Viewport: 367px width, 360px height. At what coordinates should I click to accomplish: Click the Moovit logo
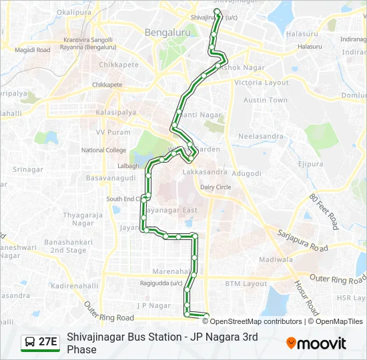pos(316,343)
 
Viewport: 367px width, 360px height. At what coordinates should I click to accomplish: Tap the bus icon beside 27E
pos(30,342)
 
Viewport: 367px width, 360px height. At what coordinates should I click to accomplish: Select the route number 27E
pos(48,342)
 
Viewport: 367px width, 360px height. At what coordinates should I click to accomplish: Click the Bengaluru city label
pos(167,32)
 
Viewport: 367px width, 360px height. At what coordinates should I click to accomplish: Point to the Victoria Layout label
pos(266,83)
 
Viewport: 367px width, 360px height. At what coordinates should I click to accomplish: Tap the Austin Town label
pos(265,100)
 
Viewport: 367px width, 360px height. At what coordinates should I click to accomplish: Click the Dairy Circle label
pos(216,187)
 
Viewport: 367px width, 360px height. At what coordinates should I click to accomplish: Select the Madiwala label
pos(276,259)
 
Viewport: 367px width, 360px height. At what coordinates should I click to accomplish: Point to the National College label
pos(103,150)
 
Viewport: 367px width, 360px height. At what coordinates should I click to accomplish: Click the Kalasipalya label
pos(116,113)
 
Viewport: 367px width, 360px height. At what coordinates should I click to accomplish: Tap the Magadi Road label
pos(33,50)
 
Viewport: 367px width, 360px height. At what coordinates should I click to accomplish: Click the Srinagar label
pos(27,169)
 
